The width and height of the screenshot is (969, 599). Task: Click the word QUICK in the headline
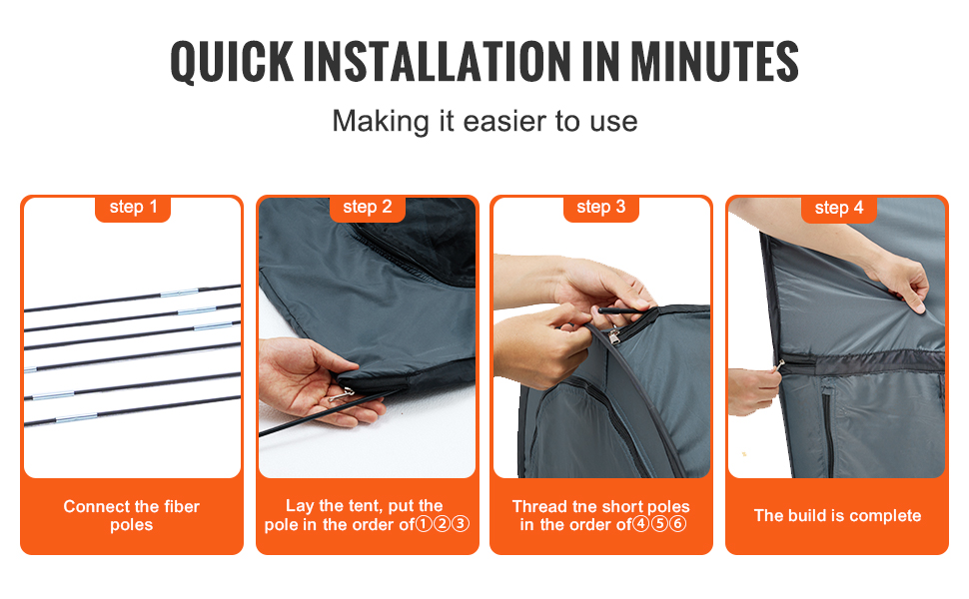232,62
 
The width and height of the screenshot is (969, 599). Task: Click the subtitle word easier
504,121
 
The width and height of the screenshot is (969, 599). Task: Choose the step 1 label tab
133,208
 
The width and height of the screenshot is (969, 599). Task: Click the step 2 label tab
367,208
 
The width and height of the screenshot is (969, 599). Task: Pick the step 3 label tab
600,208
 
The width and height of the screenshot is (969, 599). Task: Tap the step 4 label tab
838,209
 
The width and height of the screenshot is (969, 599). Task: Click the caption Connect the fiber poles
132,515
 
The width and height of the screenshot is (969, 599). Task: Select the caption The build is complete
837,515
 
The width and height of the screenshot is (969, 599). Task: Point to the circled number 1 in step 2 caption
424,524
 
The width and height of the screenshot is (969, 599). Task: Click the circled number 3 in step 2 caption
461,524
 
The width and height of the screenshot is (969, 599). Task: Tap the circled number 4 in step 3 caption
641,524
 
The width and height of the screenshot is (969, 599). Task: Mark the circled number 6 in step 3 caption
678,524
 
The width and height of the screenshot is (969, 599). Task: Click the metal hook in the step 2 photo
342,394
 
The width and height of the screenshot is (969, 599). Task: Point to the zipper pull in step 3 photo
613,336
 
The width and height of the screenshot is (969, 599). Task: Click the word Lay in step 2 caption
299,506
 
